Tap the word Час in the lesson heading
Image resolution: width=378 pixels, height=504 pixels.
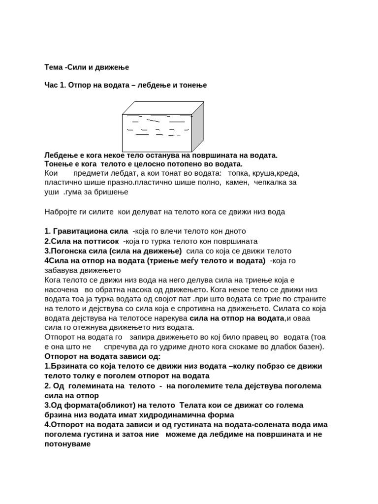pos(52,85)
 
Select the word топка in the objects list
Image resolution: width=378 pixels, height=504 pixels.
pos(238,173)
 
